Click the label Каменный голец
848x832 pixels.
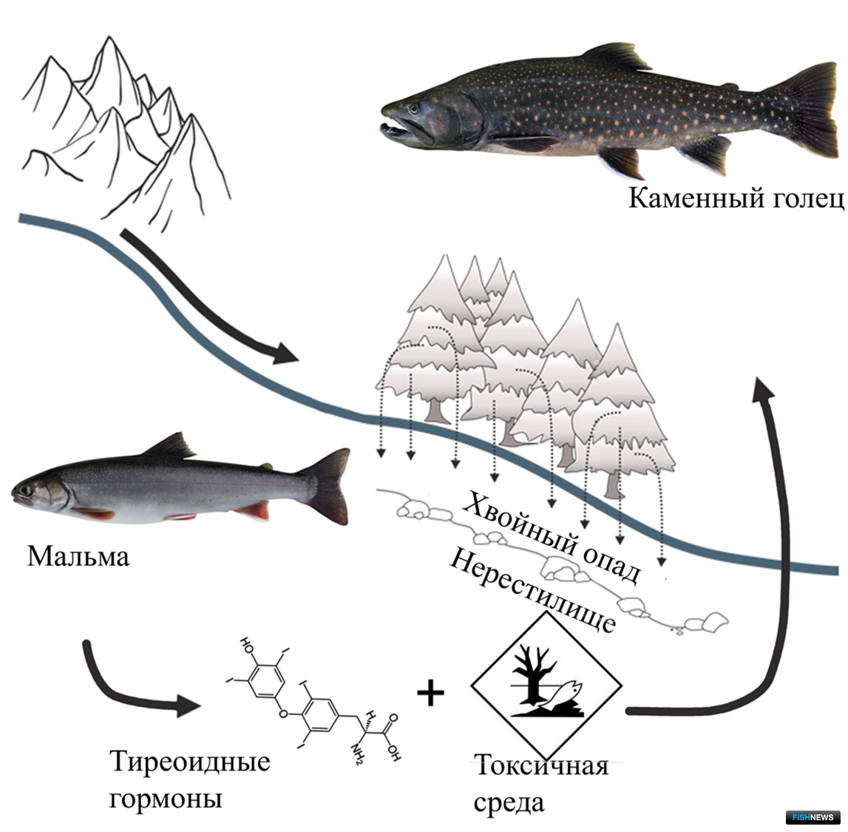click(x=736, y=198)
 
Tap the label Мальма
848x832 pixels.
click(x=78, y=556)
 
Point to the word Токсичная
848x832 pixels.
click(x=542, y=766)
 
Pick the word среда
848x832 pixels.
click(x=509, y=803)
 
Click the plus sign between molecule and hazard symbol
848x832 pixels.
click(x=431, y=694)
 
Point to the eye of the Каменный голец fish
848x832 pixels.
click(x=414, y=109)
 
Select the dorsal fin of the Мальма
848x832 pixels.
click(x=170, y=445)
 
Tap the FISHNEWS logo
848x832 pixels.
click(x=813, y=817)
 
